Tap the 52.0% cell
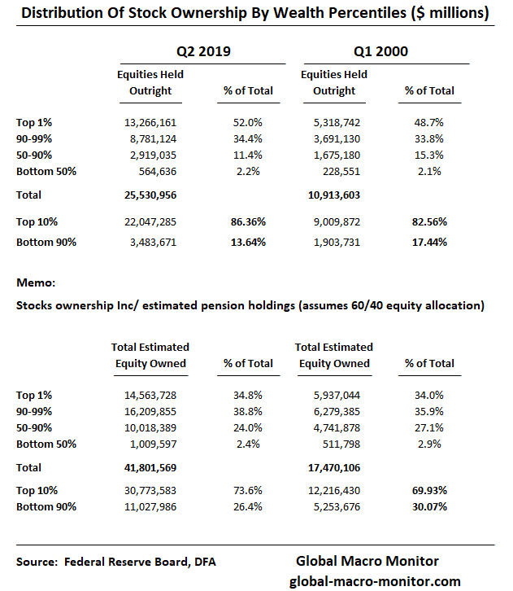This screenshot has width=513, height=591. [x=248, y=122]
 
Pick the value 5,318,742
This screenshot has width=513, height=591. [x=332, y=122]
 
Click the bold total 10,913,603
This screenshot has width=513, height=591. [x=332, y=195]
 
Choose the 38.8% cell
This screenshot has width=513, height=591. [x=248, y=412]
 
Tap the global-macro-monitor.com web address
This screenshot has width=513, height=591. [x=375, y=580]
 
